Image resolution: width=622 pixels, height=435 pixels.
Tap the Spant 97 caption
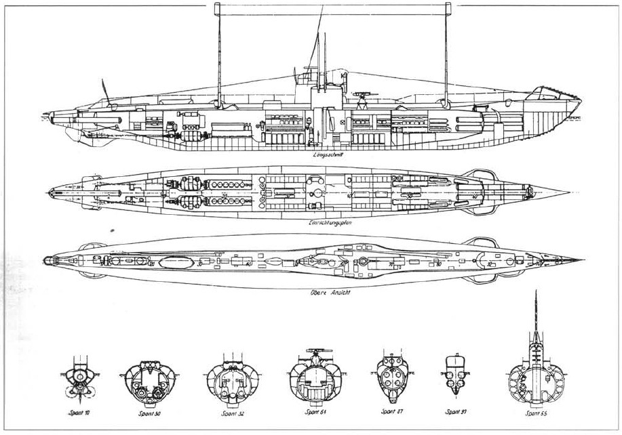tap(454, 411)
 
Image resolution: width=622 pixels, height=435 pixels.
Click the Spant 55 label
tap(536, 411)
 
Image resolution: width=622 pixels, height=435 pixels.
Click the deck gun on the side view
tap(364, 90)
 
